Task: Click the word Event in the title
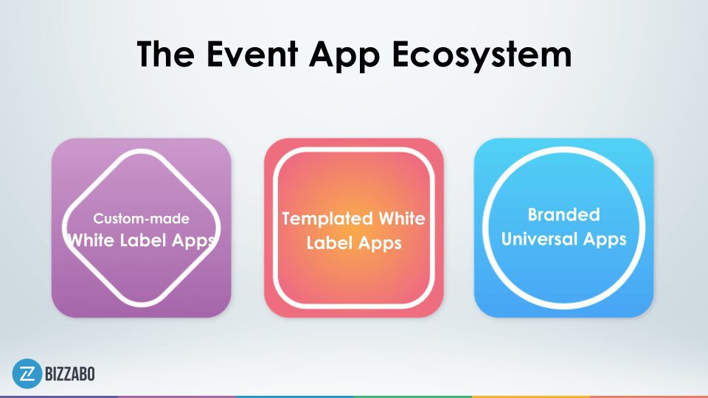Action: coord(252,54)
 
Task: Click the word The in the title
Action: coord(166,54)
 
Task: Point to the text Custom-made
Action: coord(142,218)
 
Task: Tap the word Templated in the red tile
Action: coord(327,220)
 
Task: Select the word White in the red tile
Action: coord(402,218)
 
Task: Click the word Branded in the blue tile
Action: coord(564,214)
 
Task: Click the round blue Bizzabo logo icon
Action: coord(27,374)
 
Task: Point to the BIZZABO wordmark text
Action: coord(70,374)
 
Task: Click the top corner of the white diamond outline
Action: coord(142,150)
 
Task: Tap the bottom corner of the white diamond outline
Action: coord(142,304)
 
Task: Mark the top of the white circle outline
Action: coord(564,149)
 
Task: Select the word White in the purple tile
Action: coord(91,240)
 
